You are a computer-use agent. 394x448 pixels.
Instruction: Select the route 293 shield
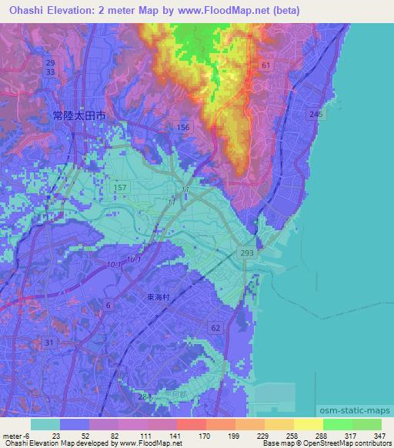[248, 252]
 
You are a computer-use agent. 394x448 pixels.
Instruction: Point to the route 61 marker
[265, 66]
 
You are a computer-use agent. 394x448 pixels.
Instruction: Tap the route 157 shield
[121, 188]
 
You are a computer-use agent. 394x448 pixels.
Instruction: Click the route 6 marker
[108, 306]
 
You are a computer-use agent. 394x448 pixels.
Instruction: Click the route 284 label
[144, 396]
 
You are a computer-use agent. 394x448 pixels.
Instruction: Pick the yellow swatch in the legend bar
[309, 424]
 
